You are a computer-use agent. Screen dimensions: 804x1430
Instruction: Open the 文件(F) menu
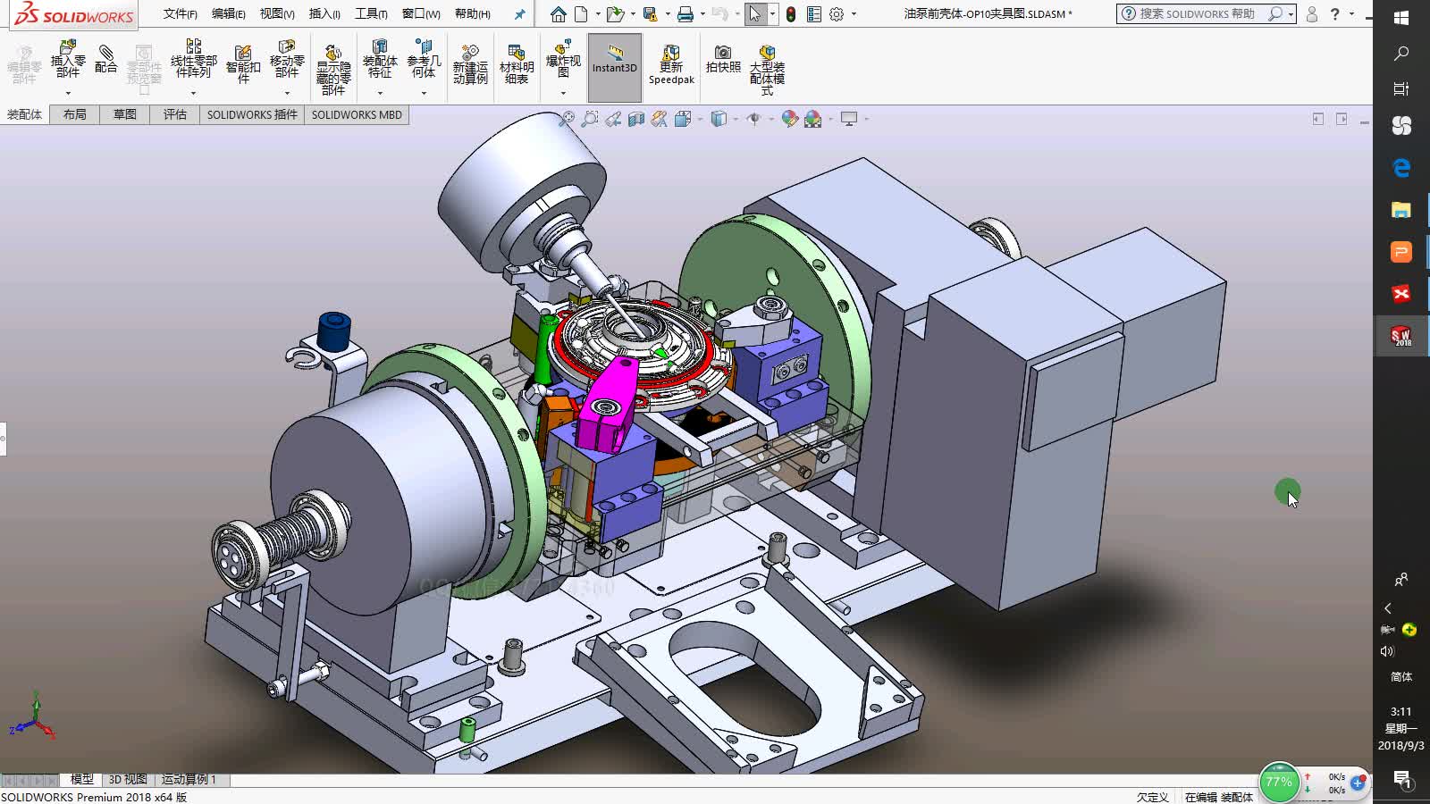tap(180, 13)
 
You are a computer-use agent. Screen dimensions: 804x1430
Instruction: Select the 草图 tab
tap(125, 114)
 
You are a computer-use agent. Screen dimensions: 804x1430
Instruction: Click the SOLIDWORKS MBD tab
tap(357, 114)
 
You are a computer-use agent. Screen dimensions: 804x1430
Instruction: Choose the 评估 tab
tap(175, 114)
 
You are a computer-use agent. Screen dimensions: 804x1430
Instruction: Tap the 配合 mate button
tap(105, 60)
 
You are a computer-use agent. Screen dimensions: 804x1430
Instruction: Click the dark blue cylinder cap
tap(333, 331)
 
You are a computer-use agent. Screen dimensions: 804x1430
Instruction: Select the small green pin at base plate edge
tap(467, 730)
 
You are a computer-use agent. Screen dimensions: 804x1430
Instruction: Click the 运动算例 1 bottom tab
tap(189, 779)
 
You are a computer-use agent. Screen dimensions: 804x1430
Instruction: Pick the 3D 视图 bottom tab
tap(128, 779)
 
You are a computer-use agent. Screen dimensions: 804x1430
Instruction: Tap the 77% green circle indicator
tap(1278, 782)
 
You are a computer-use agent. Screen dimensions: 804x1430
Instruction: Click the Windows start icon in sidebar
tap(1401, 17)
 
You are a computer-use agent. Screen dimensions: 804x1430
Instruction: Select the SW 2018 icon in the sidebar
tap(1401, 336)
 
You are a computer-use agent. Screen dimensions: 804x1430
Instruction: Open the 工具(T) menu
tap(371, 13)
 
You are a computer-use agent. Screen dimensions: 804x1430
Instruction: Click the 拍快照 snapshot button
tap(723, 60)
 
